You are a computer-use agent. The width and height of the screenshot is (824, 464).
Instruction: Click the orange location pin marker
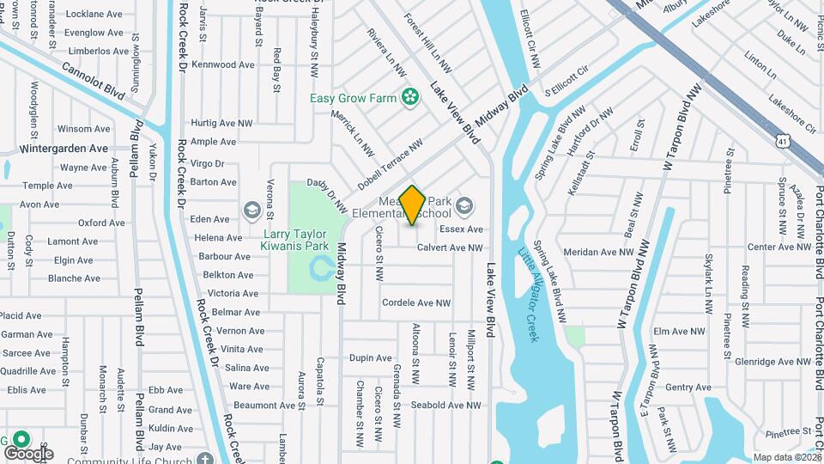click(413, 205)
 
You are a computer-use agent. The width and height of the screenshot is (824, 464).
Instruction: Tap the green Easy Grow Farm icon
click(410, 97)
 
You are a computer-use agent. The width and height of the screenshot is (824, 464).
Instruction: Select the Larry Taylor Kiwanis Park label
click(294, 240)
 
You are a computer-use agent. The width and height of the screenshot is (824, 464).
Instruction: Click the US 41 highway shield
click(781, 138)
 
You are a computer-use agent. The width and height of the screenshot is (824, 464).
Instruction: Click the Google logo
click(28, 453)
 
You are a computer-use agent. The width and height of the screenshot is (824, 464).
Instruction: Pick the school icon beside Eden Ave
click(251, 210)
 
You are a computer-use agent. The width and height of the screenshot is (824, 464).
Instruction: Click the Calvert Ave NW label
click(450, 247)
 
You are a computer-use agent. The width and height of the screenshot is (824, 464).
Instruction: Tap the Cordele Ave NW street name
click(416, 302)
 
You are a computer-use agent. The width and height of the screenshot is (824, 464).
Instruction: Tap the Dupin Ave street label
click(370, 357)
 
